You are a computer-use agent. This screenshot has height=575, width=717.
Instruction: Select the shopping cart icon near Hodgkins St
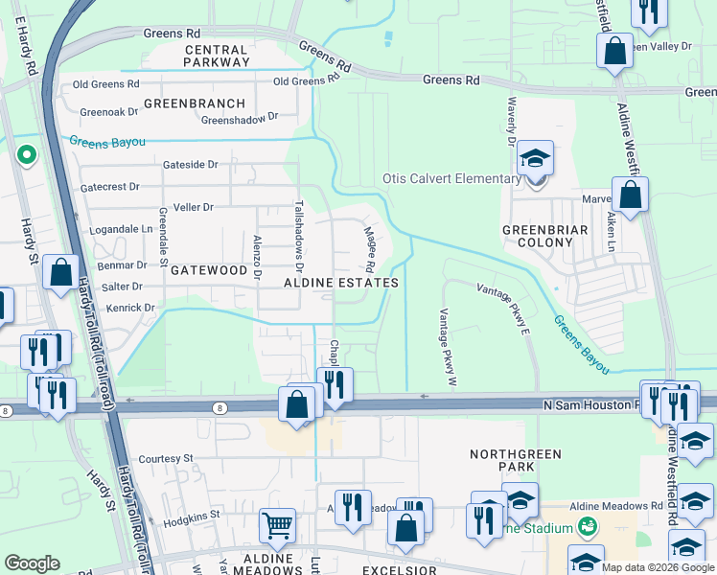[x=277, y=524]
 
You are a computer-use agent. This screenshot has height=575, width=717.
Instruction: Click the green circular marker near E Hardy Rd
[x=27, y=153]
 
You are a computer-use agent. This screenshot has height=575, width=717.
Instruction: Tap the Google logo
[x=33, y=563]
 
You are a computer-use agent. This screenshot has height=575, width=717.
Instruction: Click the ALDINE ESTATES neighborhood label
[x=340, y=284]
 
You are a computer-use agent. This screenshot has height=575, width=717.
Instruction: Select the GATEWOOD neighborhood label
[x=208, y=271]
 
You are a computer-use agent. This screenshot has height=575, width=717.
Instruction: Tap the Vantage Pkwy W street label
[x=445, y=345]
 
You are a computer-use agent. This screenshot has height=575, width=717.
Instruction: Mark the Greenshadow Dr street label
[x=239, y=120]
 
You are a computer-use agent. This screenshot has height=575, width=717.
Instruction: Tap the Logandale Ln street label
[x=120, y=230]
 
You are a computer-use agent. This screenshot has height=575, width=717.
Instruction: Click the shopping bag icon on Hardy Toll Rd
[x=61, y=272]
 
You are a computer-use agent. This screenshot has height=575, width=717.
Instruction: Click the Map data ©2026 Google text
[x=658, y=567]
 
